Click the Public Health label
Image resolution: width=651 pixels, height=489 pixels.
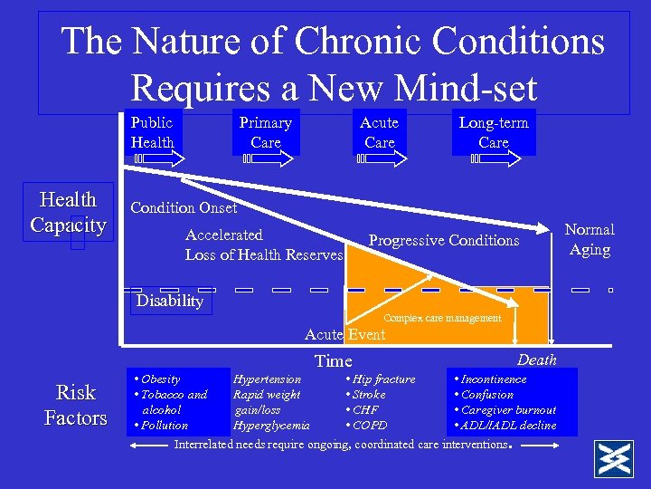pyautogui.click(x=152, y=132)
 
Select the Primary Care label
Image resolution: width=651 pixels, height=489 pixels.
pyautogui.click(x=265, y=132)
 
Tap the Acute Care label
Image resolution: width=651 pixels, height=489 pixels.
pyautogui.click(x=379, y=132)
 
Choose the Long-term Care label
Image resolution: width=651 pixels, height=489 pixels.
pyautogui.click(x=494, y=132)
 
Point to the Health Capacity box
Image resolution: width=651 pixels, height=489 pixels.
pyautogui.click(x=68, y=212)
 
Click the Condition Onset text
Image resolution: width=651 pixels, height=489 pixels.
pyautogui.click(x=184, y=207)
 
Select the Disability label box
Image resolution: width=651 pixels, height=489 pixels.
pyautogui.click(x=170, y=301)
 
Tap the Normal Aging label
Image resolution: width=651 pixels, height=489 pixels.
pyautogui.click(x=590, y=239)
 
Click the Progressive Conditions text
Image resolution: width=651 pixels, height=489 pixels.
pyautogui.click(x=444, y=240)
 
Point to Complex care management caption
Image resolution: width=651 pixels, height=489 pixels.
pyautogui.click(x=442, y=318)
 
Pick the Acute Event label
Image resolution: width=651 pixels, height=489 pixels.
pyautogui.click(x=344, y=335)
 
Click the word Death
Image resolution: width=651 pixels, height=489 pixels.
pyautogui.click(x=537, y=360)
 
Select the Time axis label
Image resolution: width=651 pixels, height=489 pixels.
pyautogui.click(x=333, y=361)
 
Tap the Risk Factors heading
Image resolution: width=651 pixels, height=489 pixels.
pyautogui.click(x=76, y=405)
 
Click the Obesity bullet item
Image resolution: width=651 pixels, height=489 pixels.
pyautogui.click(x=159, y=379)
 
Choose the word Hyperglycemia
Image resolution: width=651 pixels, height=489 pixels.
pyautogui.click(x=271, y=425)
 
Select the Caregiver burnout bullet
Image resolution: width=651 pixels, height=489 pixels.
pyautogui.click(x=508, y=410)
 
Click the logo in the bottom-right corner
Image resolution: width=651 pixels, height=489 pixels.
pyautogui.click(x=612, y=459)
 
